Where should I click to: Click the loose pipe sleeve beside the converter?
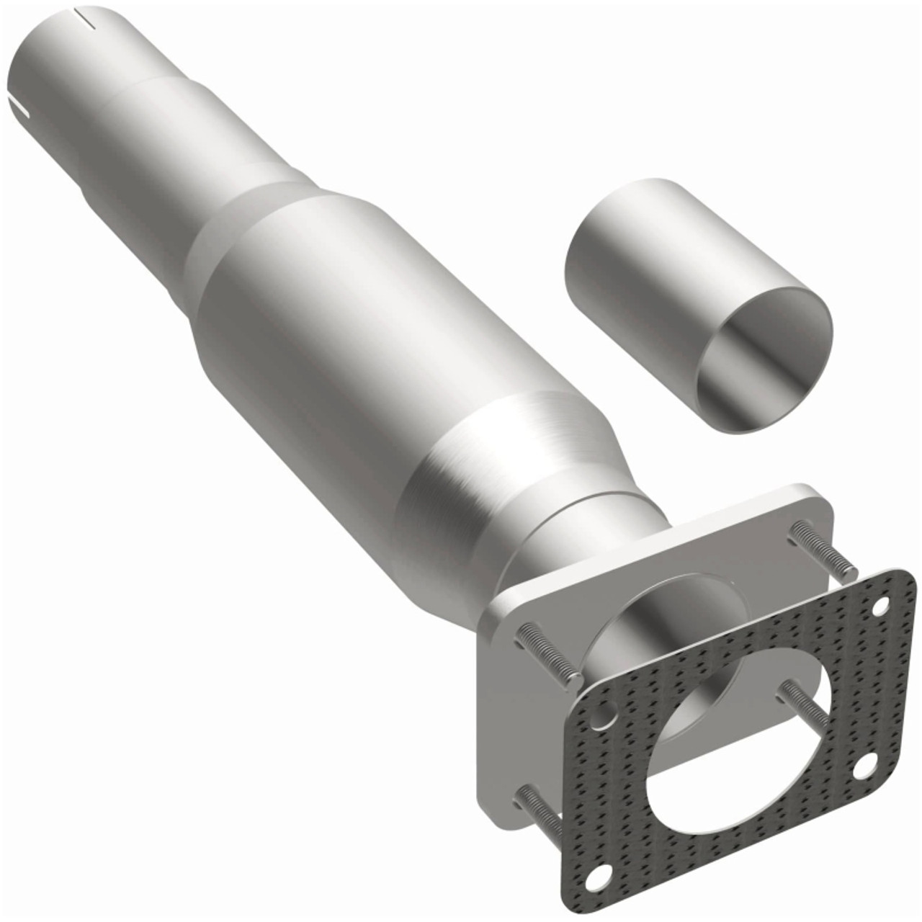pos(648,274)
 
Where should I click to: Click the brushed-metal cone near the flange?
pos(504,461)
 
